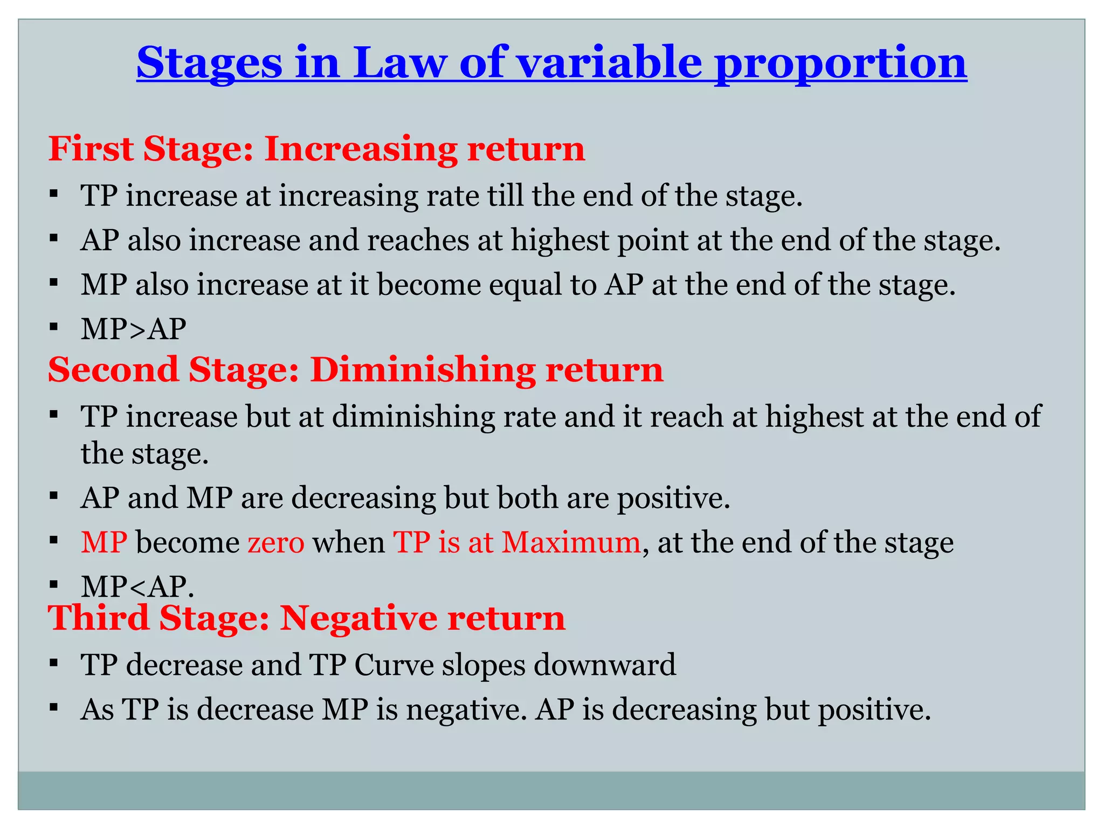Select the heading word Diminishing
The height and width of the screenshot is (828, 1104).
(x=423, y=370)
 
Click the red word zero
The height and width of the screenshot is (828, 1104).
(x=276, y=542)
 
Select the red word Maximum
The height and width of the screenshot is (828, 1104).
(x=571, y=542)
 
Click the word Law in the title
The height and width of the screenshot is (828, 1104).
(x=399, y=64)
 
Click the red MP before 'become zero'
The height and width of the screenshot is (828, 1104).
(x=104, y=542)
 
